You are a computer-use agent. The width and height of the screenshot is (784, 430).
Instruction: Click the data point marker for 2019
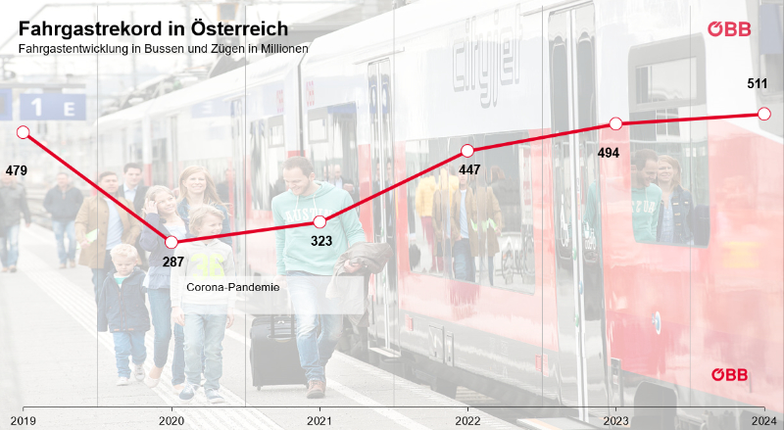[24, 132]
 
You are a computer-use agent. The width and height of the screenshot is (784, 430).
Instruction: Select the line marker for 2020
[171, 242]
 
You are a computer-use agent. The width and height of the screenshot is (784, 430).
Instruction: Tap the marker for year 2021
[319, 222]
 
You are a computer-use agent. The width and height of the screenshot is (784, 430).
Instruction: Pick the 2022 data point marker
[467, 151]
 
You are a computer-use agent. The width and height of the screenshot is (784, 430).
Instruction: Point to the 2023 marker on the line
[615, 123]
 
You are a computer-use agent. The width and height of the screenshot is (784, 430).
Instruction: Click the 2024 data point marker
[763, 114]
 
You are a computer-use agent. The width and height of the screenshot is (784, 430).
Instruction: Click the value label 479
[17, 170]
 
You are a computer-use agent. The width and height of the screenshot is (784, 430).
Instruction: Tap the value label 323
[321, 241]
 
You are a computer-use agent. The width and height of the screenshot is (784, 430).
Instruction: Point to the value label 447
[469, 169]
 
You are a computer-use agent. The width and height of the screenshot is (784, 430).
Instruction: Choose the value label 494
[609, 152]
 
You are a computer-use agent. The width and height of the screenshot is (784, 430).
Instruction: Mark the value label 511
[757, 84]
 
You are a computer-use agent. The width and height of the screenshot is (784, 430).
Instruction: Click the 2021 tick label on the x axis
[319, 420]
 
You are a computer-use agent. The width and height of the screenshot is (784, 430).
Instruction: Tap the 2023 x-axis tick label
[615, 420]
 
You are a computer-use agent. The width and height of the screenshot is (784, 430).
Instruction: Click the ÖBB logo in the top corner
[730, 29]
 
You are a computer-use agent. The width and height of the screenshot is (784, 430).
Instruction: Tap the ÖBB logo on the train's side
[729, 374]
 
